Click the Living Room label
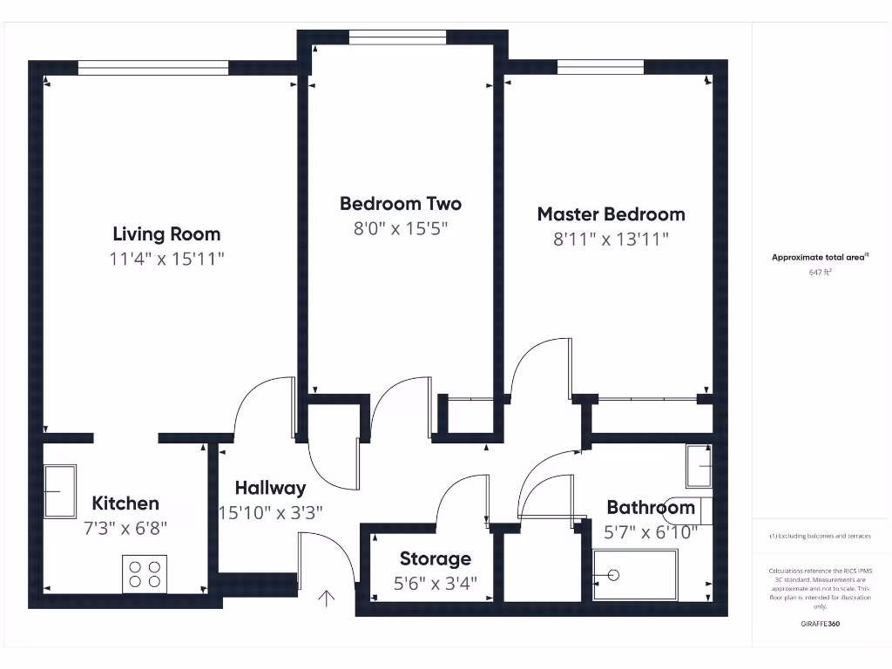pyautogui.click(x=166, y=233)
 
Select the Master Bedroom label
pyautogui.click(x=611, y=213)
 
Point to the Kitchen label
pyautogui.click(x=125, y=503)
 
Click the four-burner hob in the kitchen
pyautogui.click(x=145, y=574)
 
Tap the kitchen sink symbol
pyautogui.click(x=60, y=491)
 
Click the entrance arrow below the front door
pyautogui.click(x=328, y=598)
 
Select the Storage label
pyautogui.click(x=435, y=558)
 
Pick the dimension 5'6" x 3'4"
pyautogui.click(x=435, y=583)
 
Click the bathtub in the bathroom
pyautogui.click(x=635, y=575)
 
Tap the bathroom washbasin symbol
pyautogui.click(x=699, y=466)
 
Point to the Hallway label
pyautogui.click(x=270, y=488)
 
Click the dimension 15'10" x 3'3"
pyautogui.click(x=270, y=512)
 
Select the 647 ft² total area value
pyautogui.click(x=820, y=272)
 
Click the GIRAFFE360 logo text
pyautogui.click(x=820, y=624)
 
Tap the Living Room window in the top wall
pyautogui.click(x=153, y=66)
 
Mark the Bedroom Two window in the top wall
pyautogui.click(x=397, y=37)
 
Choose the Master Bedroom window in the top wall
pyautogui.click(x=600, y=66)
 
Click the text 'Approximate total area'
pyautogui.click(x=819, y=257)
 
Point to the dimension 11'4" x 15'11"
pyautogui.click(x=166, y=258)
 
